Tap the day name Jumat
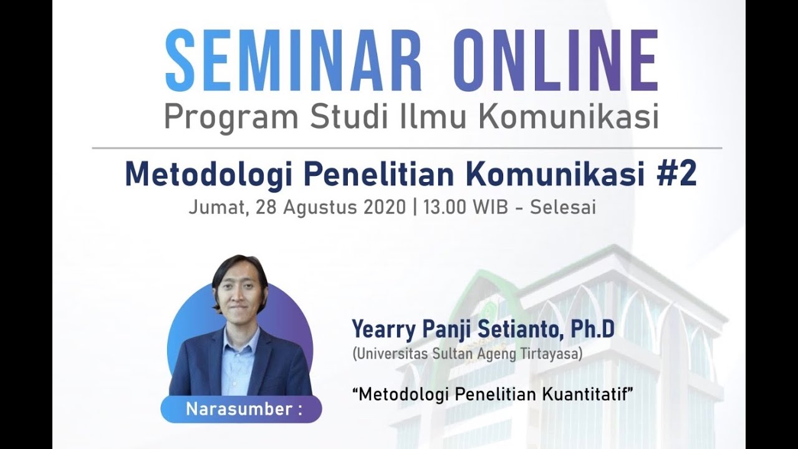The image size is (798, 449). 212,208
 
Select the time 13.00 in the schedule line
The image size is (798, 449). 445,207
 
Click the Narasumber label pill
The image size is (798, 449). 242,410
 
